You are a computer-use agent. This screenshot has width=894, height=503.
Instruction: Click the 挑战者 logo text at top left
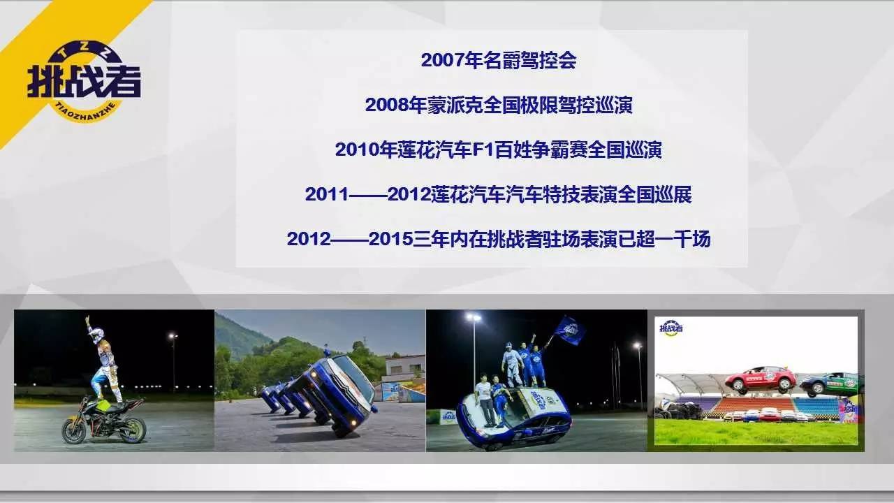(x=84, y=82)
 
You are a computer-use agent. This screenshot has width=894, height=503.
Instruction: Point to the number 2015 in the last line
(x=390, y=239)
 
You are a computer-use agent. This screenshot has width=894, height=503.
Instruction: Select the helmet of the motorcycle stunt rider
(x=97, y=335)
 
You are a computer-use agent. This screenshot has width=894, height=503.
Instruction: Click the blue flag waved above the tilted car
(x=569, y=330)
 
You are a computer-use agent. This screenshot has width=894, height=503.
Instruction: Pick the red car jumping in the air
(x=761, y=379)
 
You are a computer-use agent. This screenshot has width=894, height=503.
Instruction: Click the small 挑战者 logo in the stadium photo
(x=671, y=328)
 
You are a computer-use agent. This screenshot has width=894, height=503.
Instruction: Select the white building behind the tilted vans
(x=403, y=368)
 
